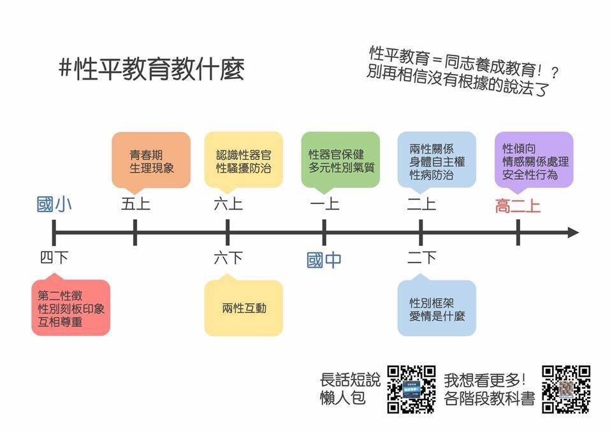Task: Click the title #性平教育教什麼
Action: point(152,69)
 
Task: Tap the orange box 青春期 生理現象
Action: point(151,161)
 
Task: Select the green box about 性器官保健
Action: point(340,161)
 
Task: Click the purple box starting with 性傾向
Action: point(534,161)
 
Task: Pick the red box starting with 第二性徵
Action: point(71,306)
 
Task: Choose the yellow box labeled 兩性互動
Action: point(244,306)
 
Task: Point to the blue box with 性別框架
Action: point(437,306)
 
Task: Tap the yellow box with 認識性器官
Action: point(244,161)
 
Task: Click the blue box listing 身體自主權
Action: point(437,161)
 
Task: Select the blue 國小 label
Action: point(54,205)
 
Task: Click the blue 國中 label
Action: point(324,260)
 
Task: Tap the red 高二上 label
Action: point(518,206)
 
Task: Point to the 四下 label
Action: point(54,257)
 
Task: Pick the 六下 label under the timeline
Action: point(228,257)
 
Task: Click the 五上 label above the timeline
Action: point(135,204)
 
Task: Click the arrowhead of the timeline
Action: point(573,233)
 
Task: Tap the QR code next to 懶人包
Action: point(411,389)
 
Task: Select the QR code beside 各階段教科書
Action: point(565,389)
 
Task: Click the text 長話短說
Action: point(350,380)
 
